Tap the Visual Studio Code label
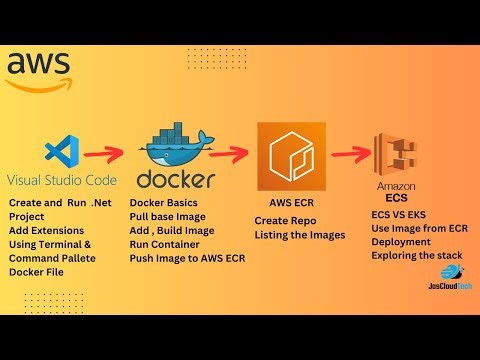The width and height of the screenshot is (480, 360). [x=62, y=181]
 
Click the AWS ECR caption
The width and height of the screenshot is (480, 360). [x=292, y=201]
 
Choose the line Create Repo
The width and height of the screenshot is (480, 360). [x=287, y=220]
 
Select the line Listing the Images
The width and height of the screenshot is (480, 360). [x=299, y=235]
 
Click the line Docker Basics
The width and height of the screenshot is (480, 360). [x=165, y=203]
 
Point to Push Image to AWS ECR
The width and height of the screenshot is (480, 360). [x=187, y=258]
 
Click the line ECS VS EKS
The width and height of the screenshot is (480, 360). [x=397, y=214]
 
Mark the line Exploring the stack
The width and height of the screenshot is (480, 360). [x=415, y=256]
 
